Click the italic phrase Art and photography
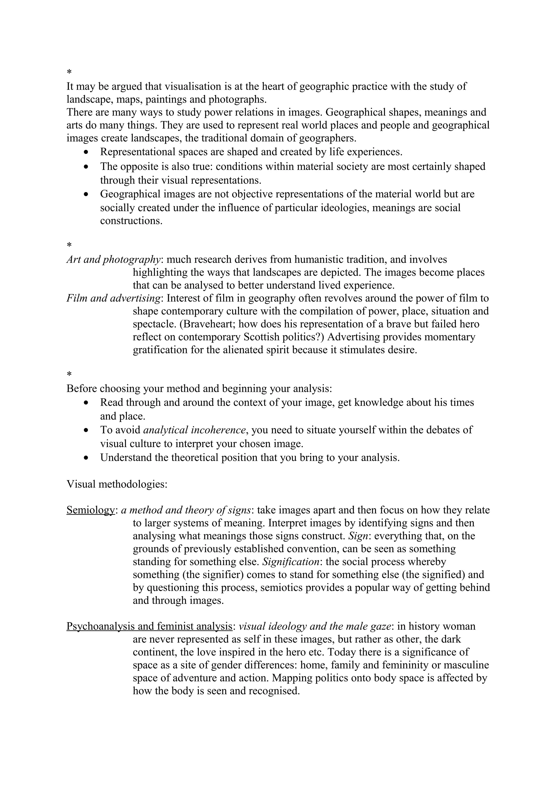(113, 259)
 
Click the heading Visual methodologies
(117, 484)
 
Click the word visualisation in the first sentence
(193, 86)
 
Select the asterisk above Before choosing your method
(69, 374)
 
